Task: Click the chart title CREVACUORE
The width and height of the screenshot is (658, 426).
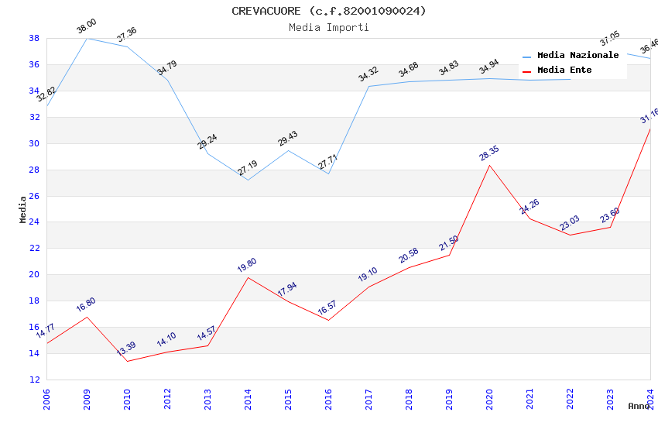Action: click(329, 11)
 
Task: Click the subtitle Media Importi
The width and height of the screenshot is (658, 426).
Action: click(329, 27)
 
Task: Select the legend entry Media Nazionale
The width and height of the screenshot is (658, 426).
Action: click(577, 56)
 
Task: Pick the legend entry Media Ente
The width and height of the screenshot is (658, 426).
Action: click(564, 70)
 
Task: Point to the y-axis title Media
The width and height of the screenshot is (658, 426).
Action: click(23, 209)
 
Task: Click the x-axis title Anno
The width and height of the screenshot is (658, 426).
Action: click(639, 406)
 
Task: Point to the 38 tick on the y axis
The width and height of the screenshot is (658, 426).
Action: click(35, 38)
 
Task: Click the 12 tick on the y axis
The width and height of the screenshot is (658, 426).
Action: click(35, 380)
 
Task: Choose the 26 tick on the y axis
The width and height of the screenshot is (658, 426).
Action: click(35, 196)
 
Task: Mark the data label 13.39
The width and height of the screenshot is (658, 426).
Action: click(126, 349)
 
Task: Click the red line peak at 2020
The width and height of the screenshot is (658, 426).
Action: click(489, 165)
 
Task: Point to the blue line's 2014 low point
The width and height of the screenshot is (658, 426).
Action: click(248, 180)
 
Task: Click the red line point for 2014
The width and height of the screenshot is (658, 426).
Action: click(248, 277)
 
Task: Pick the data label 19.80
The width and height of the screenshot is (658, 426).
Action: click(247, 265)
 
